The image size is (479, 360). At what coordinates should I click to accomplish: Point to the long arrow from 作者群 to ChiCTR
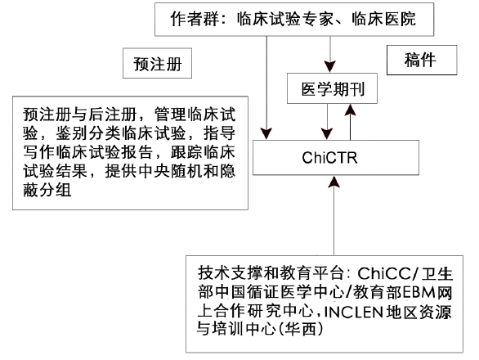click(266, 88)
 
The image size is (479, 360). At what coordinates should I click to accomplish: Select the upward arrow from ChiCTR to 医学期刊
click(350, 122)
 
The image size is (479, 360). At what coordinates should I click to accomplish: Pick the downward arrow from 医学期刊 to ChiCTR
click(327, 122)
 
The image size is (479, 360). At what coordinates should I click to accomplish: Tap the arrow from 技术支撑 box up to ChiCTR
click(334, 215)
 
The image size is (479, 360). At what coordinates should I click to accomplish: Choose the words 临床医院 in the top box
click(383, 19)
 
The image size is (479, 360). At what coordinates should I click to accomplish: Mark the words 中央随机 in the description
click(169, 171)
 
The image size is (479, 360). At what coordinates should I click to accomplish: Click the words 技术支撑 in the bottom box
click(230, 274)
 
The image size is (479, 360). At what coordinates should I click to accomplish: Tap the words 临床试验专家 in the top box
click(285, 19)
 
